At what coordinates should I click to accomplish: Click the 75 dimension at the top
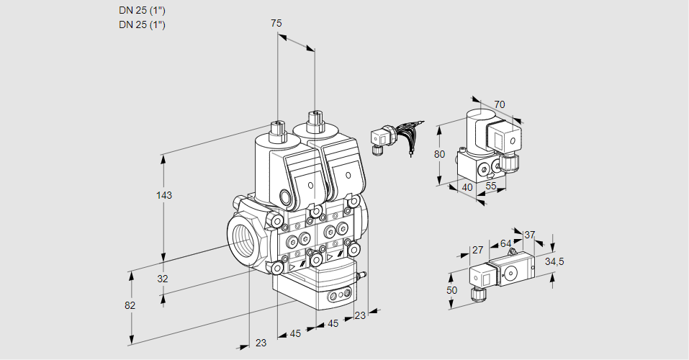276,24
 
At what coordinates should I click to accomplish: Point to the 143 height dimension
164,195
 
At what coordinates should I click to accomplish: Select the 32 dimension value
163,279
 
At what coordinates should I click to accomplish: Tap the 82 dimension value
130,305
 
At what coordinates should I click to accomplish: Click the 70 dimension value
500,104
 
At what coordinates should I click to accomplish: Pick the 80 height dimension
440,154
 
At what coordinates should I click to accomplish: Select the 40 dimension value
467,187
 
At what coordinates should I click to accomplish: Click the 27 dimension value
477,250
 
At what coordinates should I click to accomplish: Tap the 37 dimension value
530,235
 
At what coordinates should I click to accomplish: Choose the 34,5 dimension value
554,261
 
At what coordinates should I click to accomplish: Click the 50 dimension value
451,290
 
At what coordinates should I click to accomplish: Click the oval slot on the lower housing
337,296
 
